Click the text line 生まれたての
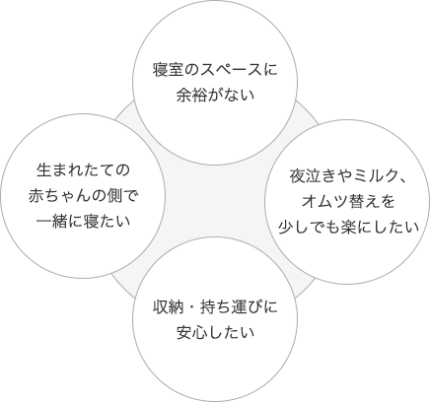[x=83, y=170]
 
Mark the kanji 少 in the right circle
[x=285, y=228]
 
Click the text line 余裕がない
[x=215, y=95]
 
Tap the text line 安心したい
[x=215, y=332]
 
